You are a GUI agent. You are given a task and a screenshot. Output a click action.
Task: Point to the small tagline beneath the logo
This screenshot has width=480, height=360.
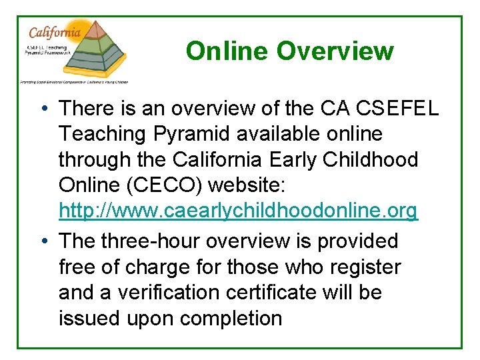[x=73, y=81]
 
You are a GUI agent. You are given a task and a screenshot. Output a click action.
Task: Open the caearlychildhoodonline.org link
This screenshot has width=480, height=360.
[x=238, y=211]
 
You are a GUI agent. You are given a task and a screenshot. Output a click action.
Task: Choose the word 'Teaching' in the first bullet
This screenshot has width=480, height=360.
[x=102, y=134]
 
